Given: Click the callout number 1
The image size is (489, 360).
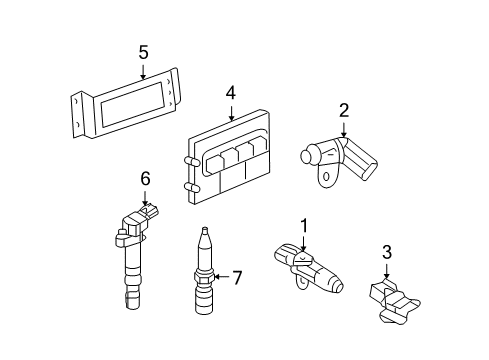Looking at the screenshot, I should click(x=301, y=227).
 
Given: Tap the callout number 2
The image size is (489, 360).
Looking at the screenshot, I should click(x=343, y=110).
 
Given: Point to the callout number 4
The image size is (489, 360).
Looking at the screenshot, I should click(x=230, y=92).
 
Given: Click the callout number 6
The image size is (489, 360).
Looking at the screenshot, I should click(x=145, y=178).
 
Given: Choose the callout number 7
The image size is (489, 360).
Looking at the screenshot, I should click(x=236, y=277).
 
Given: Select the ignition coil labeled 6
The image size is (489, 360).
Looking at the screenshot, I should click(x=133, y=250).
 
